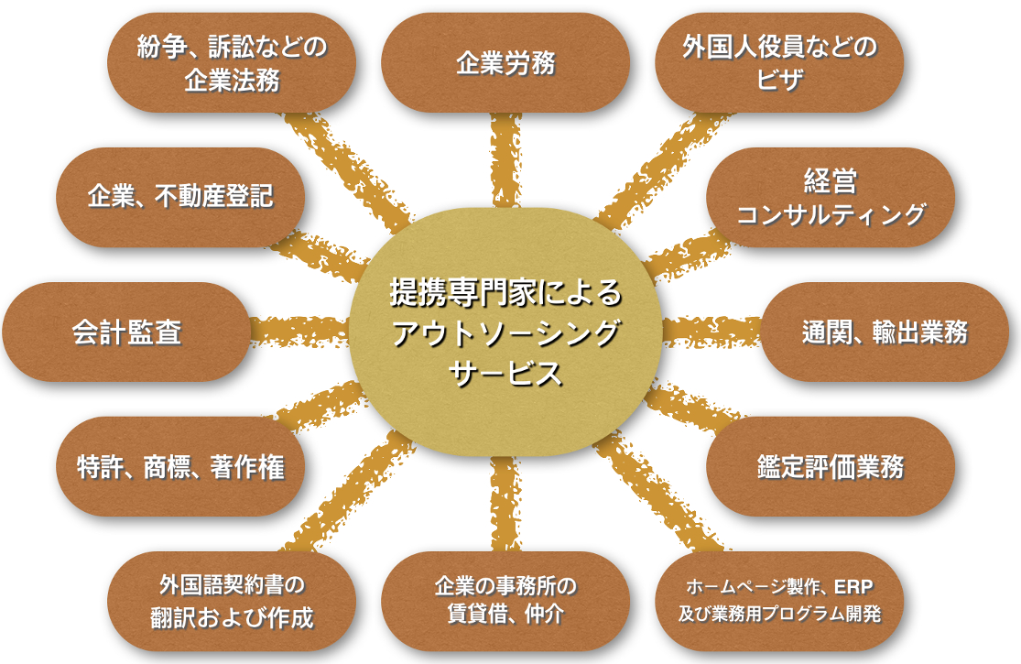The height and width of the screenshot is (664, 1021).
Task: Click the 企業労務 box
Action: (505, 63)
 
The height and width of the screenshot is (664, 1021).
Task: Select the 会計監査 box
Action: (126, 332)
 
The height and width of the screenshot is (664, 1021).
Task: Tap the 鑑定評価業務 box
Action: (831, 466)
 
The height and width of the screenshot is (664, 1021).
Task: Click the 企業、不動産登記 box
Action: (180, 197)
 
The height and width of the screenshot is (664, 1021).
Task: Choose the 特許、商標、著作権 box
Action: (180, 466)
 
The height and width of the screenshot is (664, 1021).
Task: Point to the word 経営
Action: (831, 180)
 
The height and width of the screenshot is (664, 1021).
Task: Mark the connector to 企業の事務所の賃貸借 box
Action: (505, 504)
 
